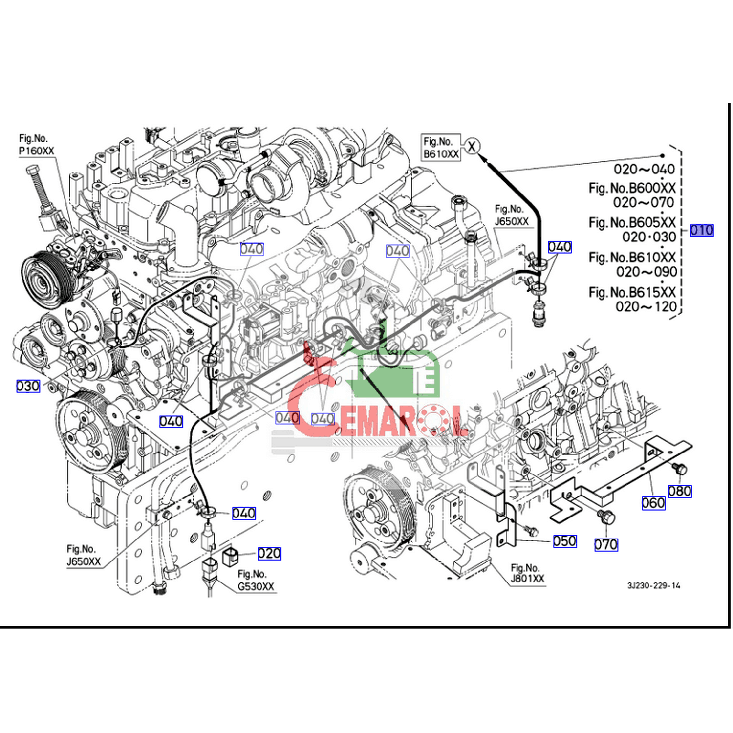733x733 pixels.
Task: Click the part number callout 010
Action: (x=702, y=230)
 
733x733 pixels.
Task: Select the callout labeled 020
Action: (x=269, y=553)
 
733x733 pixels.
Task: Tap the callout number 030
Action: (x=28, y=386)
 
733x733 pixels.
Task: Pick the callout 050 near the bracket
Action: (x=565, y=541)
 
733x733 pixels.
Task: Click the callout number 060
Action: (x=653, y=503)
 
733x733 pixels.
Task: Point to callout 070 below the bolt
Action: (x=606, y=544)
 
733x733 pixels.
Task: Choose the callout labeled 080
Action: (x=680, y=491)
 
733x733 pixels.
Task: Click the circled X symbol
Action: (x=472, y=146)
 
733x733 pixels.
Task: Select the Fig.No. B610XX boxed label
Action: (x=441, y=148)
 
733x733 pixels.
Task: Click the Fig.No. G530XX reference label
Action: (x=256, y=580)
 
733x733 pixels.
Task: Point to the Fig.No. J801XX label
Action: (x=527, y=573)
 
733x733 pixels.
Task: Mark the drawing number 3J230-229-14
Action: (x=654, y=585)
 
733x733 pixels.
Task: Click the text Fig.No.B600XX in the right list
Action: (x=632, y=188)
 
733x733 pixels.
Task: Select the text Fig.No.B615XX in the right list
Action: (x=632, y=292)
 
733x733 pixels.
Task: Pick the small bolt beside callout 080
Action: (x=679, y=468)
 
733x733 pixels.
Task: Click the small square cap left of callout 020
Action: (x=230, y=557)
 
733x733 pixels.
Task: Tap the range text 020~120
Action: (x=646, y=307)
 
